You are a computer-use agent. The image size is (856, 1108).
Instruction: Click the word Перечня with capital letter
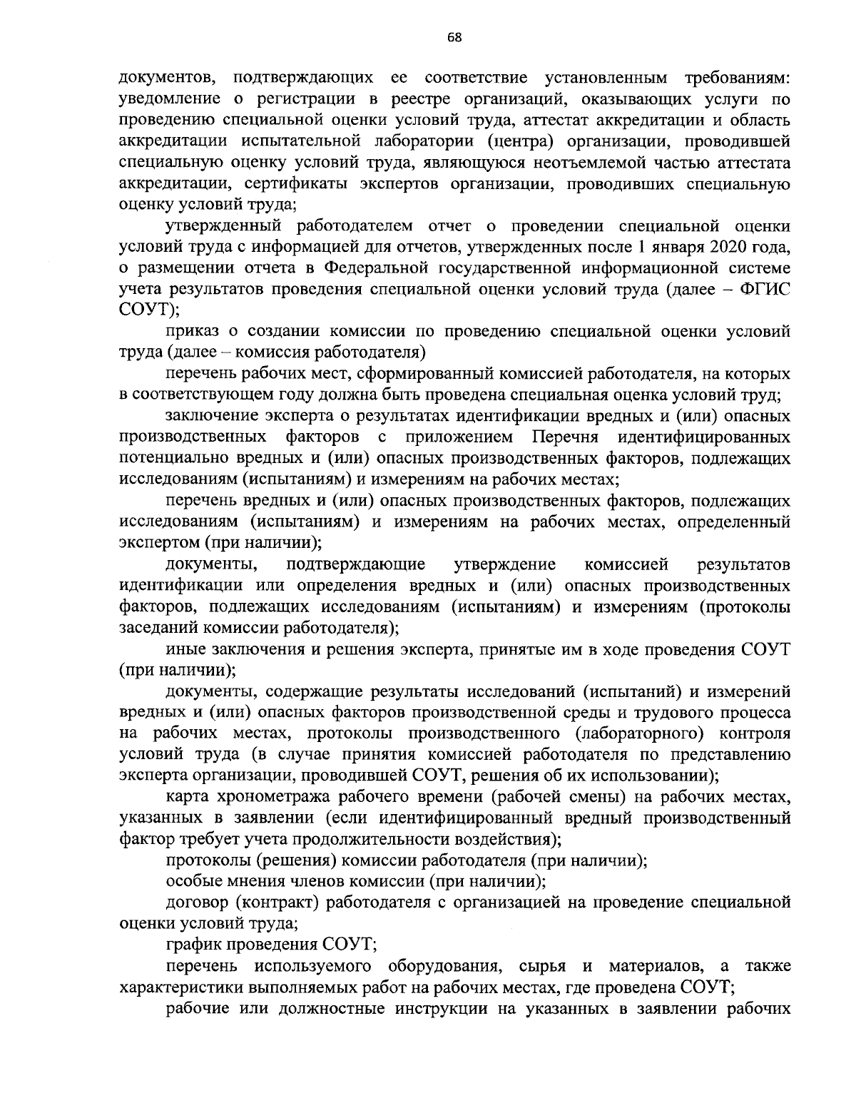567,436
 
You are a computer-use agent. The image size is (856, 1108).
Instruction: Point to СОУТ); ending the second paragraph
148,310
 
